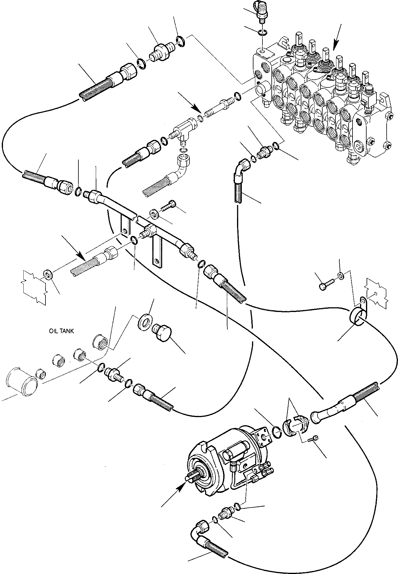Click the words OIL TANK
[61, 331]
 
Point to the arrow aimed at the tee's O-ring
[189, 103]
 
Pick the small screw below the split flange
[313, 439]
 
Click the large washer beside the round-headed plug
[145, 323]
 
